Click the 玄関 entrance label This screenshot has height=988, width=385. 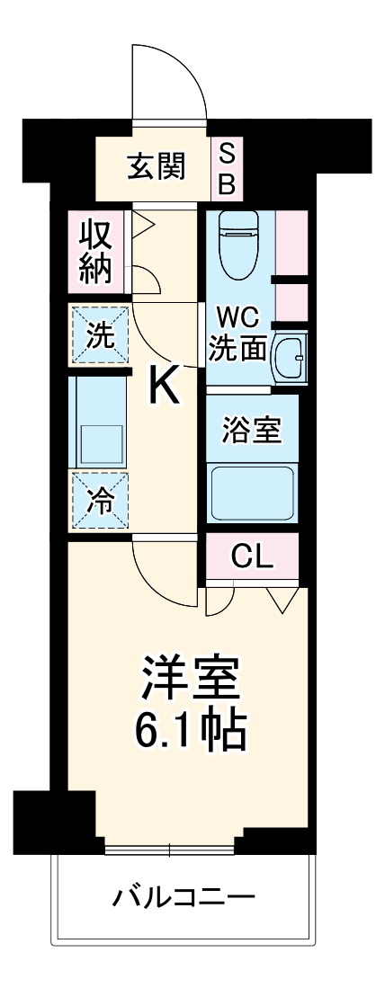[157, 165]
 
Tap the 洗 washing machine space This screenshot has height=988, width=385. [100, 336]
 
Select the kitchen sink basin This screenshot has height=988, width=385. [100, 441]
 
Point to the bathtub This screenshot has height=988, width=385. [253, 493]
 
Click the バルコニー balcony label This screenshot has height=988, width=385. [184, 896]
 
